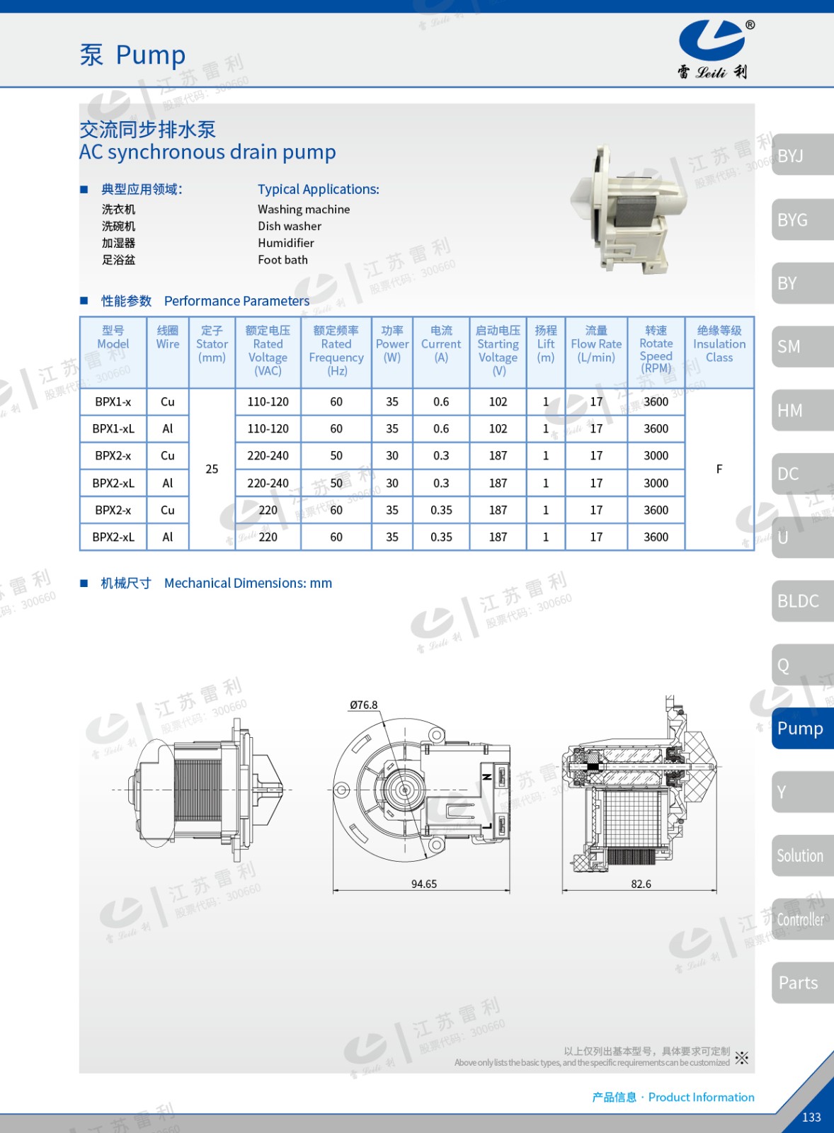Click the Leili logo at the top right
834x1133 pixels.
click(x=714, y=49)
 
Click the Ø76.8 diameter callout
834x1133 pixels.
click(x=364, y=705)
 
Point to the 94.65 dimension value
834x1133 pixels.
click(x=424, y=884)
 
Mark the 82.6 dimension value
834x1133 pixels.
click(x=641, y=884)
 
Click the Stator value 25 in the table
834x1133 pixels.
click(x=212, y=469)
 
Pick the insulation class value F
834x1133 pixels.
click(x=719, y=469)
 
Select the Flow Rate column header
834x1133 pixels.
click(x=596, y=344)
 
